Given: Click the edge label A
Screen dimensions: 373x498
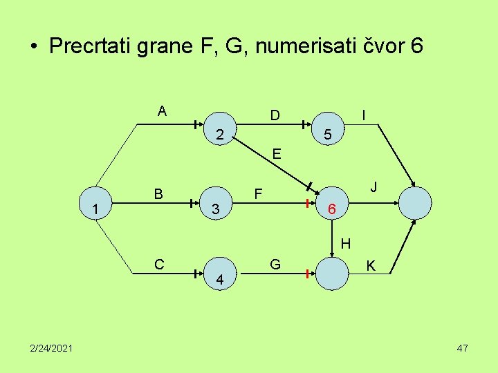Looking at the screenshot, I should [x=162, y=111].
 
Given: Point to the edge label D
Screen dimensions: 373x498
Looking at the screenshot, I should [x=275, y=115].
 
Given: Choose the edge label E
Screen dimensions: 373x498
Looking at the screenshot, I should [x=277, y=154].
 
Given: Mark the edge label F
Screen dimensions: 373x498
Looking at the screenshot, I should [x=258, y=193].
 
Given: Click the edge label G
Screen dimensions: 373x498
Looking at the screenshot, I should [x=275, y=264].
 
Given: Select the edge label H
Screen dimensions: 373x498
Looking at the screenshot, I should [x=346, y=243].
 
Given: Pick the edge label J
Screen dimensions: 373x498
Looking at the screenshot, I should [x=373, y=187].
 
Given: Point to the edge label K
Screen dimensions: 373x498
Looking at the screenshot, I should [x=371, y=265].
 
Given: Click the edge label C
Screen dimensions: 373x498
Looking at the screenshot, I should [x=160, y=264].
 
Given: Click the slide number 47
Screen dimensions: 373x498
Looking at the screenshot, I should [x=462, y=348].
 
